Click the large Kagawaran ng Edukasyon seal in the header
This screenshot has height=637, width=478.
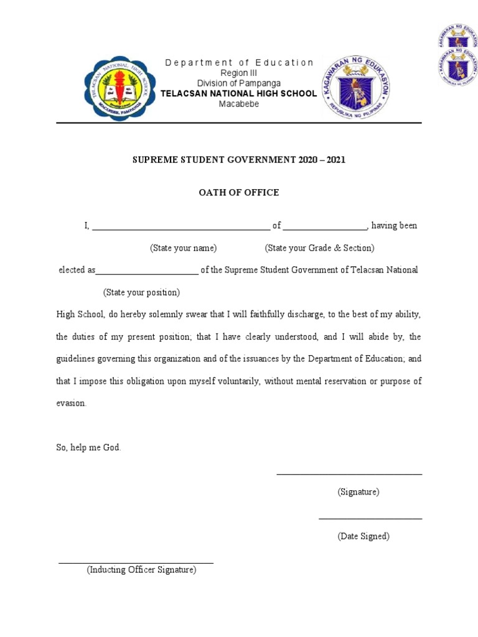[355, 88]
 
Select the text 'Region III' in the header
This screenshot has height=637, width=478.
[239, 73]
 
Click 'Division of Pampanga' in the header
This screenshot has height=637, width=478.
[239, 83]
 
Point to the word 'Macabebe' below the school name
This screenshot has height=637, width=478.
[239, 104]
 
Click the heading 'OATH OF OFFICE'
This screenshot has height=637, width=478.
[239, 193]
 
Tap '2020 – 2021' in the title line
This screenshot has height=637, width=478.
[319, 160]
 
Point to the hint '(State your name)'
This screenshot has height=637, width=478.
[183, 248]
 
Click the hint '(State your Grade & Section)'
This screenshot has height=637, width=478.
[319, 248]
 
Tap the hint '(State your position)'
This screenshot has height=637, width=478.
[141, 292]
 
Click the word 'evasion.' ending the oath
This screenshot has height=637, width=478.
[72, 403]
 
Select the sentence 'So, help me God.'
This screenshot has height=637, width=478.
[88, 448]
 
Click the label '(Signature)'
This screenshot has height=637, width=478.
[358, 492]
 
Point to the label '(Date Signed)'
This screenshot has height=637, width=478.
[363, 536]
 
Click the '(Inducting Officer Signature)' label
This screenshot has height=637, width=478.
[141, 570]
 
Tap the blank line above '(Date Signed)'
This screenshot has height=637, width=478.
[370, 518]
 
